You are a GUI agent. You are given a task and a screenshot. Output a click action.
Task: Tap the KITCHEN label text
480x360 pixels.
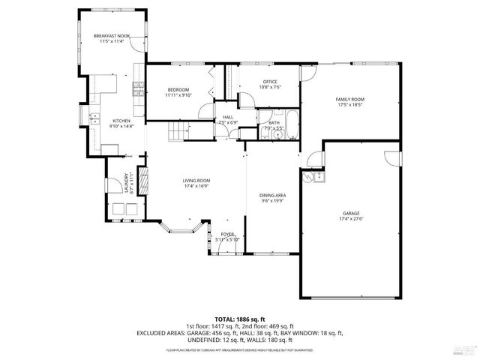coord(121,121)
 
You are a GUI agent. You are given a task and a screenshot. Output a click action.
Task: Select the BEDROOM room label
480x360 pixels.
coord(178,89)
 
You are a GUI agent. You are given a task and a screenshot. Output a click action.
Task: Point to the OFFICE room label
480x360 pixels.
coord(270,81)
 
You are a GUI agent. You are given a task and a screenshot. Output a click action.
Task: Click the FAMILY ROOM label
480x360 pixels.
coord(349,99)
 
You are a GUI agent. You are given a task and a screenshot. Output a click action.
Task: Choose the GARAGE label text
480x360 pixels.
coord(349,213)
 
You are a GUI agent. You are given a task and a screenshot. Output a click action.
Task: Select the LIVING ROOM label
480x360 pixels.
coord(196,180)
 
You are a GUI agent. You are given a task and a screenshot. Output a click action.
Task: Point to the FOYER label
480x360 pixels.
coord(226,235)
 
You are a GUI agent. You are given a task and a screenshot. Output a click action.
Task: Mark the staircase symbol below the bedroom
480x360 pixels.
coord(177,133)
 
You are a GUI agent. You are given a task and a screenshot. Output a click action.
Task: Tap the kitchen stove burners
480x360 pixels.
coord(138,89)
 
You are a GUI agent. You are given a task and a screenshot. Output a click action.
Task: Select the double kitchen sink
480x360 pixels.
coord(95,118)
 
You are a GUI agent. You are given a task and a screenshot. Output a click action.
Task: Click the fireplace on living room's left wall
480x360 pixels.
coord(145,180)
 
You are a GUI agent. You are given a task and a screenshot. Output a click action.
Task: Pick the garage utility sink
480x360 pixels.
coord(319,176)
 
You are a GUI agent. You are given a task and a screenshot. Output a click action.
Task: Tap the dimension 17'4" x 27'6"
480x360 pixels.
coord(349,219)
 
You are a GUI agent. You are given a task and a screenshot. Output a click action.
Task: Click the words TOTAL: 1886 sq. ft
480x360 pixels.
coord(239,319)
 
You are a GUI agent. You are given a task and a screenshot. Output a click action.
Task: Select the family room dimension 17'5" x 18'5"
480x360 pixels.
coord(349,105)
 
